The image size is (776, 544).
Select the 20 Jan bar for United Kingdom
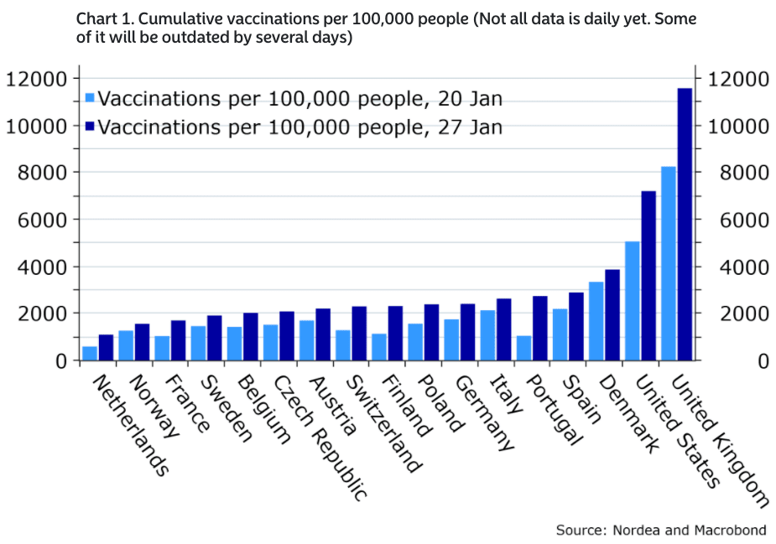[x=669, y=263]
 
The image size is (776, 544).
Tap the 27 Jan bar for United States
[x=648, y=276]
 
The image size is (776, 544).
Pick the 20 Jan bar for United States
[x=633, y=301]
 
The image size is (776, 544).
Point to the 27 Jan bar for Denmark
[x=612, y=315]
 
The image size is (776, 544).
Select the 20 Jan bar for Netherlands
[x=90, y=353]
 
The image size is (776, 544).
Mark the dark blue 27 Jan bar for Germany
[x=467, y=332]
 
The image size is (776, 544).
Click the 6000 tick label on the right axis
[x=739, y=220]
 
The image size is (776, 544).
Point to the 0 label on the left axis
[x=61, y=360]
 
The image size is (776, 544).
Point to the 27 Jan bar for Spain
[x=576, y=326]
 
